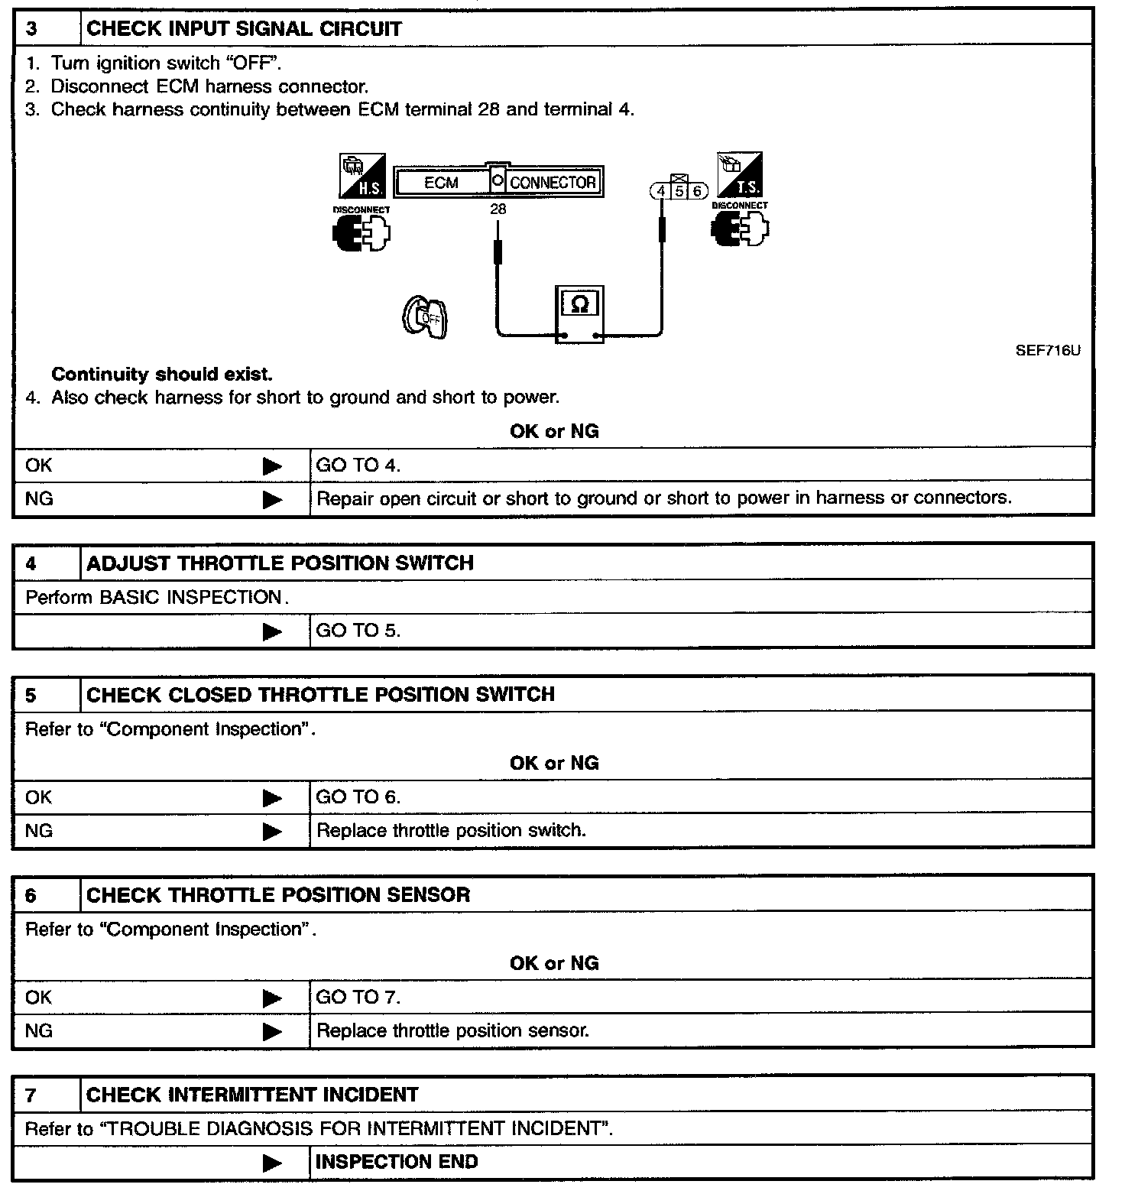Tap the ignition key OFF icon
425,317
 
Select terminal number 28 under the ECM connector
498,209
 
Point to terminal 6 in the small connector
697,191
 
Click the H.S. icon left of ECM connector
362,175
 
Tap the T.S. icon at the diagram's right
739,175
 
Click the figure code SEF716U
1048,351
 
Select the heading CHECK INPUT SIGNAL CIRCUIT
244,29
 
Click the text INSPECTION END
397,1162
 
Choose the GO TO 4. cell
358,465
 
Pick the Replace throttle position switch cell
451,830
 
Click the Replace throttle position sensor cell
452,1030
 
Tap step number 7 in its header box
31,1095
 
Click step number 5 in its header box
31,696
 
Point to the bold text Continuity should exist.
161,375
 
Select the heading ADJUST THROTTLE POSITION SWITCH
280,563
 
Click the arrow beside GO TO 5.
272,631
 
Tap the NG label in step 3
39,498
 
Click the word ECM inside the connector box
441,183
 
